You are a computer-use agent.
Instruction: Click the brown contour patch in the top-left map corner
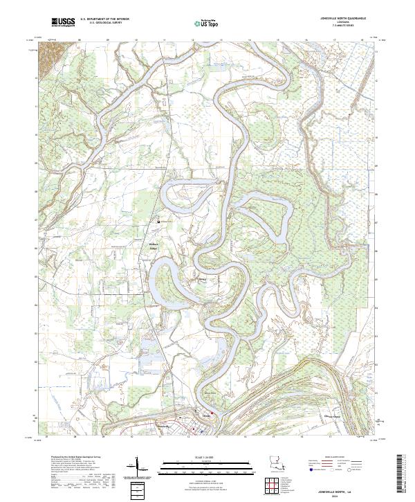click(49, 53)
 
